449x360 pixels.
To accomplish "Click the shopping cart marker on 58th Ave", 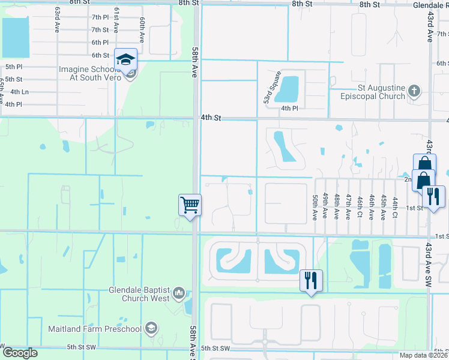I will click(190, 206).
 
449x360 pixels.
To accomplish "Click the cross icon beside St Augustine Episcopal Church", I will click(414, 91).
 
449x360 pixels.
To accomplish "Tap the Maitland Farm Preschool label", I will click(95, 329).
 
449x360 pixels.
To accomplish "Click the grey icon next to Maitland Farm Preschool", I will click(152, 328).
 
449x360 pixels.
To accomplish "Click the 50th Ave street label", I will click(315, 206).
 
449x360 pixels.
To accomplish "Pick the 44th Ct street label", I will click(395, 207).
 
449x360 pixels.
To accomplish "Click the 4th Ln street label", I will click(19, 92).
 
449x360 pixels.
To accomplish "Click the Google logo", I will click(19, 353).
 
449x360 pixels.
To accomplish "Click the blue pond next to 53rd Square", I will click(289, 88).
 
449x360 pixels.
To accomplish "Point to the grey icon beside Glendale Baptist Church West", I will click(178, 293).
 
